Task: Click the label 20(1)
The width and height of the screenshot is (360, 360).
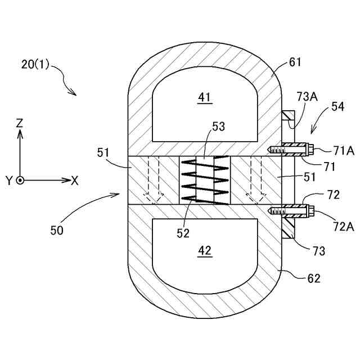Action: [35, 64]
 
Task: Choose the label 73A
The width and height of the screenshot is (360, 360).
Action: [307, 97]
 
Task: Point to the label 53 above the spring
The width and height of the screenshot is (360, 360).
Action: [219, 127]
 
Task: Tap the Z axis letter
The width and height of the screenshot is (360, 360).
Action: [20, 123]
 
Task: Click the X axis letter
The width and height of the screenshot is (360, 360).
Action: [75, 181]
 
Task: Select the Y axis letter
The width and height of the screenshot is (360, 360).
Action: [9, 181]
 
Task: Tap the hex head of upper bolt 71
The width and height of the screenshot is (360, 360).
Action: [309, 150]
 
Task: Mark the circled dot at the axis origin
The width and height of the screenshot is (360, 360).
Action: [20, 181]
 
